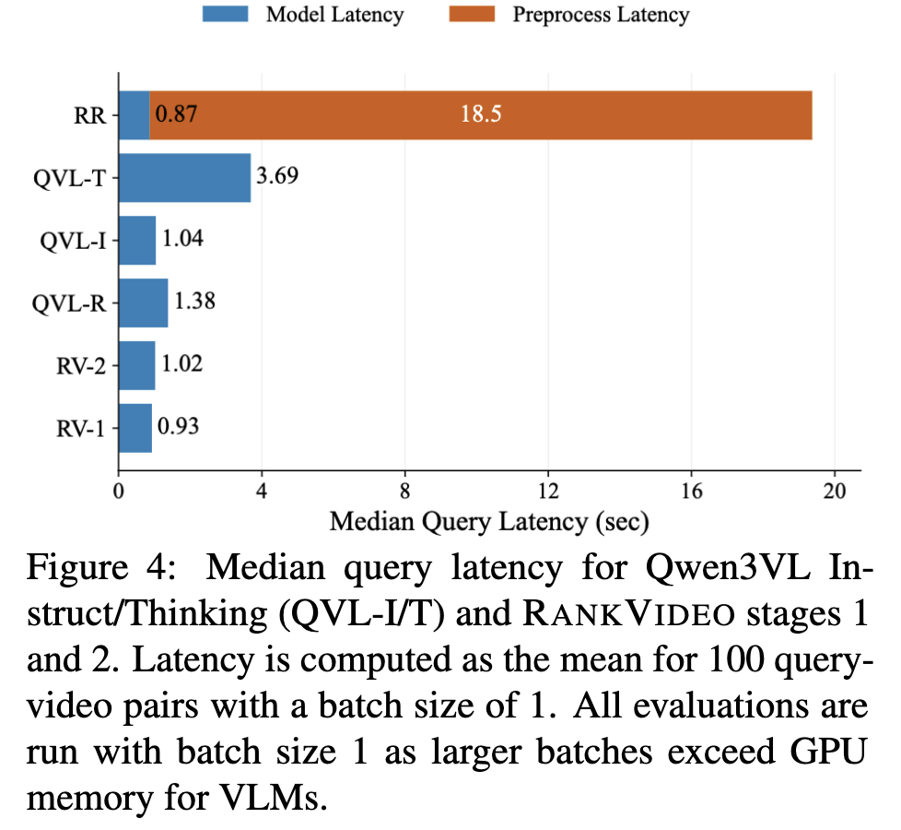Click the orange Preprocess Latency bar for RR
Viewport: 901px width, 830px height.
tap(481, 115)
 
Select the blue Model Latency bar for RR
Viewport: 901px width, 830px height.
tap(135, 115)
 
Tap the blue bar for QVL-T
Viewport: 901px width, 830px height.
tap(185, 178)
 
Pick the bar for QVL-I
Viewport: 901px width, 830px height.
tap(137, 241)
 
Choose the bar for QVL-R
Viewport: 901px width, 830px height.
tap(144, 303)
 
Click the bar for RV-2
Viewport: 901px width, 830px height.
tap(136, 366)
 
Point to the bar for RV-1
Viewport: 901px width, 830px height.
tap(135, 429)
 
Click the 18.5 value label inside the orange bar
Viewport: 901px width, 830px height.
tap(481, 113)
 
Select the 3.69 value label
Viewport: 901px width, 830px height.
tap(277, 176)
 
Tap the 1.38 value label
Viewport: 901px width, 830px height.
tap(194, 302)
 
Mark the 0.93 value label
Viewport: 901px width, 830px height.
tap(178, 427)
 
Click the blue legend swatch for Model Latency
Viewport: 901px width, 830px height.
tap(225, 14)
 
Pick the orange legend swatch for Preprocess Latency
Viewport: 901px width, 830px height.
tap(472, 14)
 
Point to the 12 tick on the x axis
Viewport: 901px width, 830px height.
tap(548, 492)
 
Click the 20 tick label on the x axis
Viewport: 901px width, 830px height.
tap(835, 492)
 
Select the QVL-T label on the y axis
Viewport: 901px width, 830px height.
tap(69, 179)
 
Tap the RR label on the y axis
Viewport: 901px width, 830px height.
tap(90, 116)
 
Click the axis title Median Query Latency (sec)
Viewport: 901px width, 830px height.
tap(489, 522)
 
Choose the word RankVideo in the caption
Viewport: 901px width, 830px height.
tap(629, 614)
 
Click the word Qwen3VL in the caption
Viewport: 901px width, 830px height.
tap(728, 569)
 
